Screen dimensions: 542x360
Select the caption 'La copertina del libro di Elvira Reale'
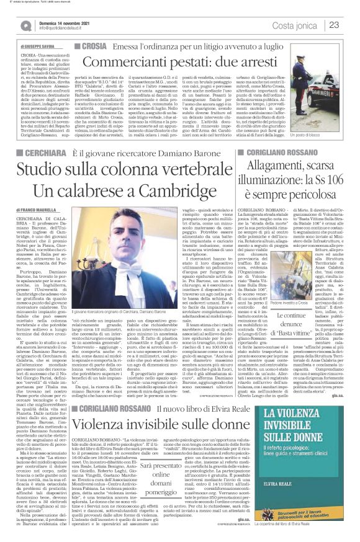[306, 531]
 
